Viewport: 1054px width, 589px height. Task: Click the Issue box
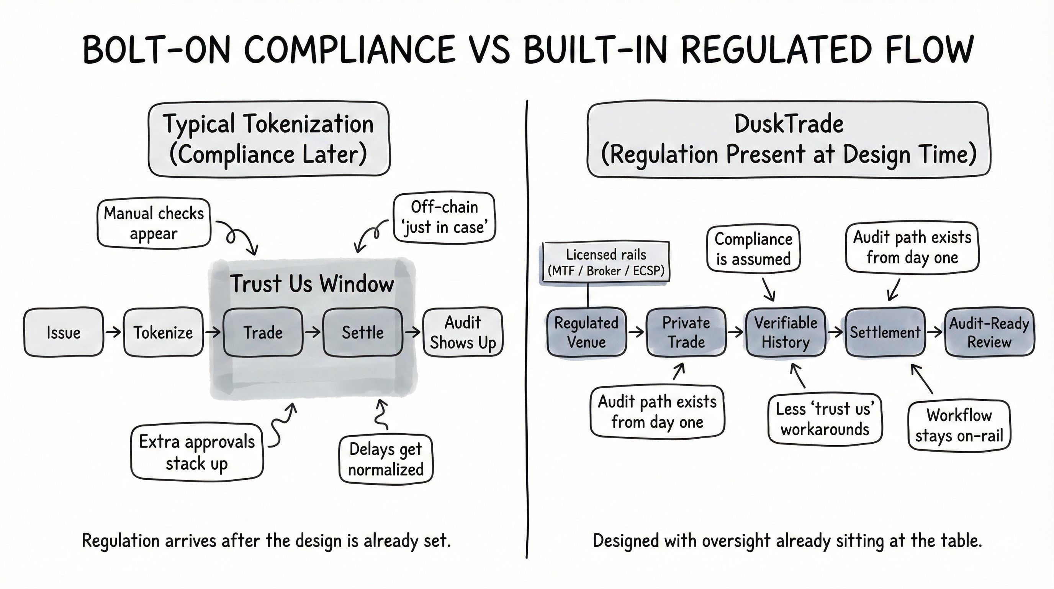tap(64, 332)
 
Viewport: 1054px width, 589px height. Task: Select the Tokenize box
tap(163, 332)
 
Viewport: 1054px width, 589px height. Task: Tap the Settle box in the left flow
tap(363, 332)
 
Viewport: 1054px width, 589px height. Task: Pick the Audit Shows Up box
tap(462, 332)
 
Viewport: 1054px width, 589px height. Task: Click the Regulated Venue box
tap(586, 332)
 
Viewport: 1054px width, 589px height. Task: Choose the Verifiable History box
tap(786, 332)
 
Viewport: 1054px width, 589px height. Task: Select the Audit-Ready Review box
tap(989, 332)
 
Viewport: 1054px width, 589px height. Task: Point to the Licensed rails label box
tap(606, 262)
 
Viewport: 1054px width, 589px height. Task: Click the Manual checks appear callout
tap(154, 224)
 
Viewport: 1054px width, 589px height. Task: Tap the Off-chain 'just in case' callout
tap(444, 217)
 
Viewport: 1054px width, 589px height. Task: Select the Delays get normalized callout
tap(386, 459)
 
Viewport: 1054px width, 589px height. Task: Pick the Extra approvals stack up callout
tap(197, 452)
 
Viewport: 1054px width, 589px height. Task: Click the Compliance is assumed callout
tap(753, 249)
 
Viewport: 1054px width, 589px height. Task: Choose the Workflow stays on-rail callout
tap(959, 425)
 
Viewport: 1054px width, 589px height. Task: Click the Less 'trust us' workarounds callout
tap(825, 419)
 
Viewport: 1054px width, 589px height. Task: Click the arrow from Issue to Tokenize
tap(113, 332)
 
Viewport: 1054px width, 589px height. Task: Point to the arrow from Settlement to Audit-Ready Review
tap(935, 332)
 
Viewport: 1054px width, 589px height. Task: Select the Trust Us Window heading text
tap(312, 284)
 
